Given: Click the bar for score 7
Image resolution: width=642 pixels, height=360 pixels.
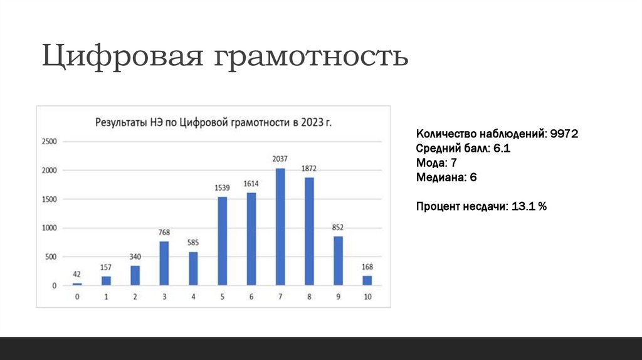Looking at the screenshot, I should click(280, 227).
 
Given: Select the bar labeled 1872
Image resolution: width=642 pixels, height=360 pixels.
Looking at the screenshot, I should click(309, 231).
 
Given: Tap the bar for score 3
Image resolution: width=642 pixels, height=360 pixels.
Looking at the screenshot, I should click(164, 263).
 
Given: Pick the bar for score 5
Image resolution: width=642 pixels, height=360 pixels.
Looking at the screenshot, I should click(223, 241).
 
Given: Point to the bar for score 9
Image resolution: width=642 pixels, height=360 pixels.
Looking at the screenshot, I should click(338, 261).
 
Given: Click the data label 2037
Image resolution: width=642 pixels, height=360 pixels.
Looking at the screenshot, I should click(280, 159).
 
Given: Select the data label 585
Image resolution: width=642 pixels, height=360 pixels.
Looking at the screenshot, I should click(193, 243).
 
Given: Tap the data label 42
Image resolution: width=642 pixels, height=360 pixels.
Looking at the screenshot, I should click(78, 274).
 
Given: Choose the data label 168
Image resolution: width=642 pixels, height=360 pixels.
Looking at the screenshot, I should click(367, 267).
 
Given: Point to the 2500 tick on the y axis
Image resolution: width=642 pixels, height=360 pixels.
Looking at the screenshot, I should click(50, 142).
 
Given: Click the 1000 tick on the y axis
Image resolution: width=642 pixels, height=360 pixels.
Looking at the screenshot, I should click(50, 228).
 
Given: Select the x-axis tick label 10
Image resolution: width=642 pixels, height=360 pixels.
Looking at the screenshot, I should click(367, 297).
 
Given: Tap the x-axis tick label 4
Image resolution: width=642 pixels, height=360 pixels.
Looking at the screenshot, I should click(193, 297).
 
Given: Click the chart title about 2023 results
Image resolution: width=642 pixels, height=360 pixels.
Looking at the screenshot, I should click(213, 122).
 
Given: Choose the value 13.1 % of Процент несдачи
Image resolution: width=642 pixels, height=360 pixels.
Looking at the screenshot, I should click(529, 206).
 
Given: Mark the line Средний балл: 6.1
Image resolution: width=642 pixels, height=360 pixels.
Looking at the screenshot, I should click(458, 149).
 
